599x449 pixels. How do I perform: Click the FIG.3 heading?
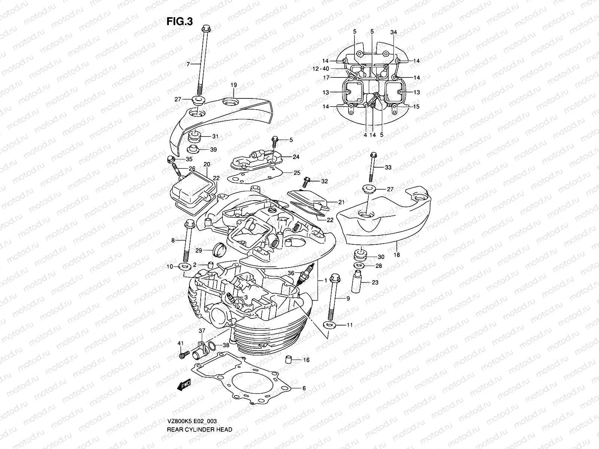click(179, 22)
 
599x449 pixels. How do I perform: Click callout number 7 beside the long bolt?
click(188, 64)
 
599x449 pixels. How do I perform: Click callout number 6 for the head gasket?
click(304, 388)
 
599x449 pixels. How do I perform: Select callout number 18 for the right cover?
click(397, 255)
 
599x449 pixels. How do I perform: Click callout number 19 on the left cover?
click(234, 85)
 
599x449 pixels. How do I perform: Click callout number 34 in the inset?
click(393, 32)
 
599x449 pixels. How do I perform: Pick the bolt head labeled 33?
click(373, 155)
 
